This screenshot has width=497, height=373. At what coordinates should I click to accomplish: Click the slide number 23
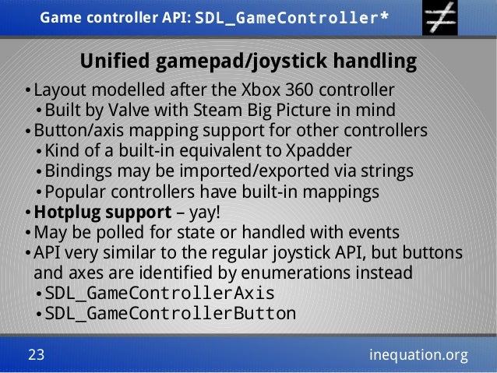click(x=36, y=355)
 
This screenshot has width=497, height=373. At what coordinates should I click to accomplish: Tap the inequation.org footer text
click(x=418, y=355)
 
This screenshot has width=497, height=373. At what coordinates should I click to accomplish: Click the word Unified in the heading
click(x=116, y=61)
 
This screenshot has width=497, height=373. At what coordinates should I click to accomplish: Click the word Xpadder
click(x=319, y=150)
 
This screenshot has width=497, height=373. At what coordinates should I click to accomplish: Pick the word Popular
click(x=75, y=191)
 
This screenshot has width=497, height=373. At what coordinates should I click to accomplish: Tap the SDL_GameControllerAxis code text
click(x=160, y=294)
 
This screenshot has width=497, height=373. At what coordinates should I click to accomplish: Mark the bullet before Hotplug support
click(x=28, y=213)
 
